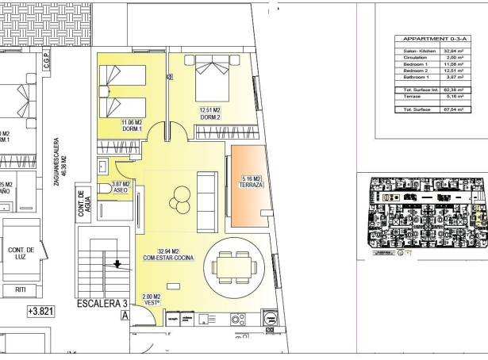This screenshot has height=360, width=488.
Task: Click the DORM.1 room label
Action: click(x=131, y=125)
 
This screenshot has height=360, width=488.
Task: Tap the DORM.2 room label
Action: click(x=210, y=113)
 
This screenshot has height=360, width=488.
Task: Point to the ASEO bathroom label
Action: click(x=121, y=187)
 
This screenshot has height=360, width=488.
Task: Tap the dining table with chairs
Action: click(x=235, y=266)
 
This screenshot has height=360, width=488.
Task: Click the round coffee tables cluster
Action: click(x=180, y=194)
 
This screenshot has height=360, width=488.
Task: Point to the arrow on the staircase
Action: click(x=118, y=265)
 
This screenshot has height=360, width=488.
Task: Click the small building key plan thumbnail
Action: click(x=427, y=215)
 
